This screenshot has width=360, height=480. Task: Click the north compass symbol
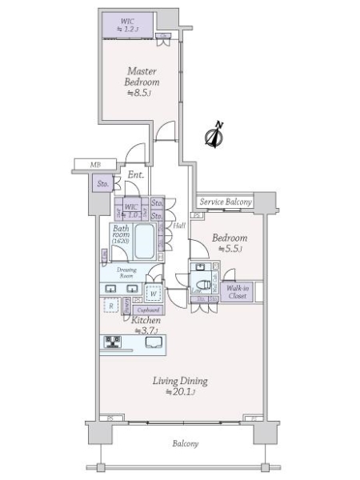coord(214,136)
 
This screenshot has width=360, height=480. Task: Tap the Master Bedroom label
coord(142,75)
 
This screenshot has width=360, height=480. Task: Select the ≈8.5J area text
coord(141,93)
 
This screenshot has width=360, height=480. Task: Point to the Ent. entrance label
coord(134,175)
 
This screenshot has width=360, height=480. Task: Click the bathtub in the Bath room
coord(146,241)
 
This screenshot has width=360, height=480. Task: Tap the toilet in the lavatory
coord(203,282)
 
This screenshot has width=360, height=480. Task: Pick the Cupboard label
coord(148,310)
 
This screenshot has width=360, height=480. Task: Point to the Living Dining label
coord(181,381)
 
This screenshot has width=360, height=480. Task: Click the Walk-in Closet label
coord(236,292)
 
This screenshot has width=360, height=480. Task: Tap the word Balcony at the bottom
coord(185,443)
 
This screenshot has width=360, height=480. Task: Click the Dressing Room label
coord(129,272)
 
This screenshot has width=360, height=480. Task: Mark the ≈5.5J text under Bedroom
coord(228,250)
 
